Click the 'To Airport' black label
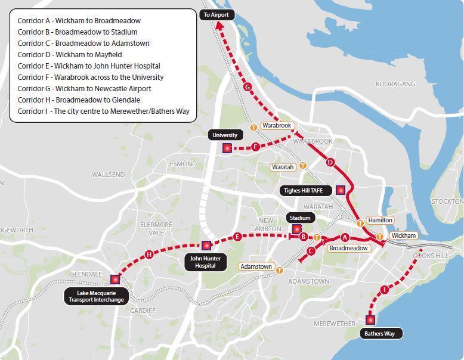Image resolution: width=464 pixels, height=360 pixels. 216,14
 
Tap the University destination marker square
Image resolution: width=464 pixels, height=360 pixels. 227,148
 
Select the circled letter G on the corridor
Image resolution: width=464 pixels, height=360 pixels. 248,87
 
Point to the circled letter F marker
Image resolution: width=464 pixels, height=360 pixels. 256,147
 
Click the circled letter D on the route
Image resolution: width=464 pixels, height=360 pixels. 330,162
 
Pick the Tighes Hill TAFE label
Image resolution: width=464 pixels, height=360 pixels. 301,190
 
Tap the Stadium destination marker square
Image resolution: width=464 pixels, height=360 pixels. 296,229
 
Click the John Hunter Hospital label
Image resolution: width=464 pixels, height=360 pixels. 206,262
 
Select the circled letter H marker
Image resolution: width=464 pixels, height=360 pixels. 149,255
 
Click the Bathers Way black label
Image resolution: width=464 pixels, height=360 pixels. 380,333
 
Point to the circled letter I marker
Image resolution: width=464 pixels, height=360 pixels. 384,290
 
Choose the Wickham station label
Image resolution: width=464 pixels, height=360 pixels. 404,235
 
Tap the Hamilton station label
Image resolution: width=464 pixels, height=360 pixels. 380,220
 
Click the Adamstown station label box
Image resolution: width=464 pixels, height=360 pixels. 256,266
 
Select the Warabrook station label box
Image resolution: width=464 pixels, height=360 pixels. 277,126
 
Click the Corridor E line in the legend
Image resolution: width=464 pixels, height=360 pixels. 89,66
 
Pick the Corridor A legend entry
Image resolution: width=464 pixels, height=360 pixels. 79,20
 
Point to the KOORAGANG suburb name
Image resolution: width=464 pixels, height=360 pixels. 395,84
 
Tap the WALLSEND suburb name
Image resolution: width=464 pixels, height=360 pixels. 108,175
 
